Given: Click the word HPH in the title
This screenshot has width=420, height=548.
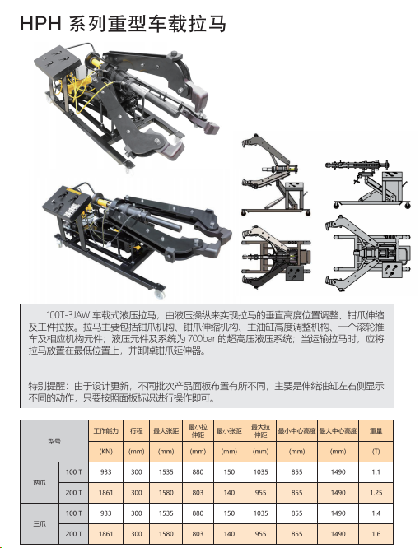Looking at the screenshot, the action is pos(40,24).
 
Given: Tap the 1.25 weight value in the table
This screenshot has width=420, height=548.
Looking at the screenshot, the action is pos(376,493).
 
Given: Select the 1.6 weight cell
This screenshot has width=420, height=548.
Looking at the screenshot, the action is pos(376,534).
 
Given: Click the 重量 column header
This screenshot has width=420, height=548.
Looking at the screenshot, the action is pos(376,430).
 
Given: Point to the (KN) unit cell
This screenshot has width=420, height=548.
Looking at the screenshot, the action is pos(105,451).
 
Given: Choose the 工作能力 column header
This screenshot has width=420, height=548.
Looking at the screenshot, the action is pos(105,430).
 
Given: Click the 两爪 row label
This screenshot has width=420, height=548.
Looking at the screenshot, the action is pos(40,483).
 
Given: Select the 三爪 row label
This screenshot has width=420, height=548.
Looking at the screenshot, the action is pos(40,523).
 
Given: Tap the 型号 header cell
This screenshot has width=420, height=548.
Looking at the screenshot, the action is pos(54,441).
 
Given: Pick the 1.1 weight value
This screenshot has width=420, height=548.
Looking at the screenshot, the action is pos(376,472).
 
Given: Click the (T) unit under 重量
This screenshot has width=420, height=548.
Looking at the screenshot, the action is pos(376,451).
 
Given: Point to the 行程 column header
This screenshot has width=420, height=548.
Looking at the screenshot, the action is pos(136,430).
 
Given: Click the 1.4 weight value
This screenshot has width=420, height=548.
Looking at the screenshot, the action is pos(376,513).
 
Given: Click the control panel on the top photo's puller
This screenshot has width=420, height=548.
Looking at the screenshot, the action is pos(58,60).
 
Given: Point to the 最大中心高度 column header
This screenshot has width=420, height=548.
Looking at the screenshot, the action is pos(338,430).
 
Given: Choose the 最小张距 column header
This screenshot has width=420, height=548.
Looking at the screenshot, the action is pos(229,430).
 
